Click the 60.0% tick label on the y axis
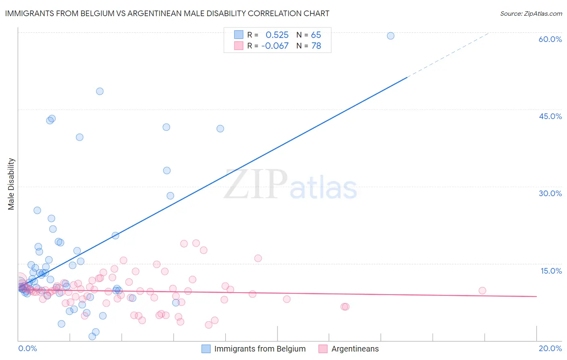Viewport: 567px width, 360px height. (x=550, y=39)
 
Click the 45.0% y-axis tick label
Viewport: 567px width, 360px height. (x=550, y=116)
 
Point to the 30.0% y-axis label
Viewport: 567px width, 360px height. (x=550, y=193)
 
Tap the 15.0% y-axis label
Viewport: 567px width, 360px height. (x=551, y=271)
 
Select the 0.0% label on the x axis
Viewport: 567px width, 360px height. (x=27, y=348)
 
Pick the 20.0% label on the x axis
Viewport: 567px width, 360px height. (x=550, y=348)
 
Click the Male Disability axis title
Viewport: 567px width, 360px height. (x=11, y=184)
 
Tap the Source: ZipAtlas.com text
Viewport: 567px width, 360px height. (x=531, y=13)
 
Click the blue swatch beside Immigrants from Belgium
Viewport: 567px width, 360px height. (x=206, y=349)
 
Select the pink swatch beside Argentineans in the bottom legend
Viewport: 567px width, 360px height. (x=323, y=349)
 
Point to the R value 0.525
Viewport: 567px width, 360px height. (x=277, y=35)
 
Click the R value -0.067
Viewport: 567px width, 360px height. (x=275, y=46)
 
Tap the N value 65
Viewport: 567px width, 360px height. (x=316, y=35)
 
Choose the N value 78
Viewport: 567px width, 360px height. (x=316, y=46)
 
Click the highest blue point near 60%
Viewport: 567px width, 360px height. (x=390, y=36)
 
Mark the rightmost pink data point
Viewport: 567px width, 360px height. (x=482, y=291)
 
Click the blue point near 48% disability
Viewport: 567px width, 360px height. (x=100, y=91)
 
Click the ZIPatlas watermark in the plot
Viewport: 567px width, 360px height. (x=290, y=185)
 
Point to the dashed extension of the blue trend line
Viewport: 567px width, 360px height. (x=448, y=54)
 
